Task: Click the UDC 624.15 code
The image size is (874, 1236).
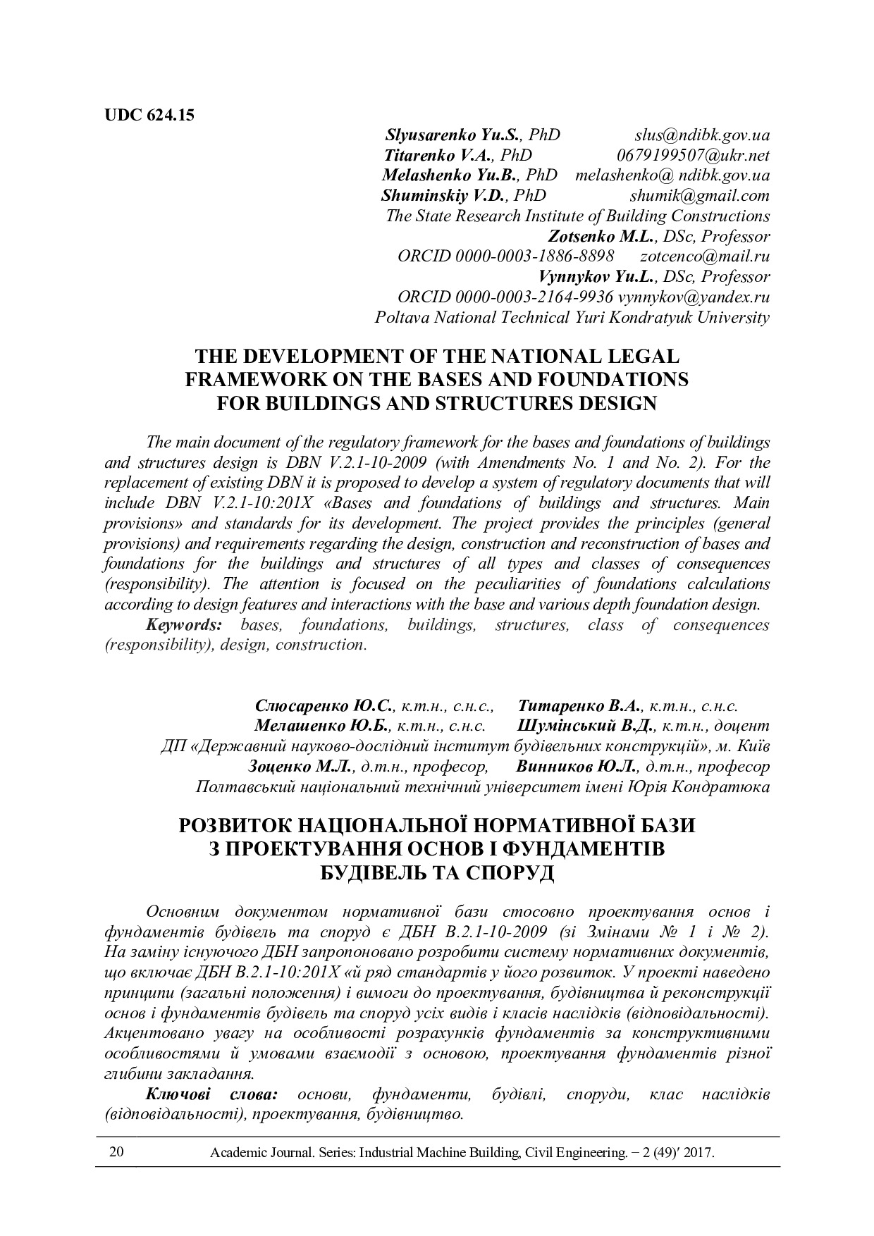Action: point(149,115)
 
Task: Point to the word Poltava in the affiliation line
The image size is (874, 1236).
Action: point(402,317)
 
